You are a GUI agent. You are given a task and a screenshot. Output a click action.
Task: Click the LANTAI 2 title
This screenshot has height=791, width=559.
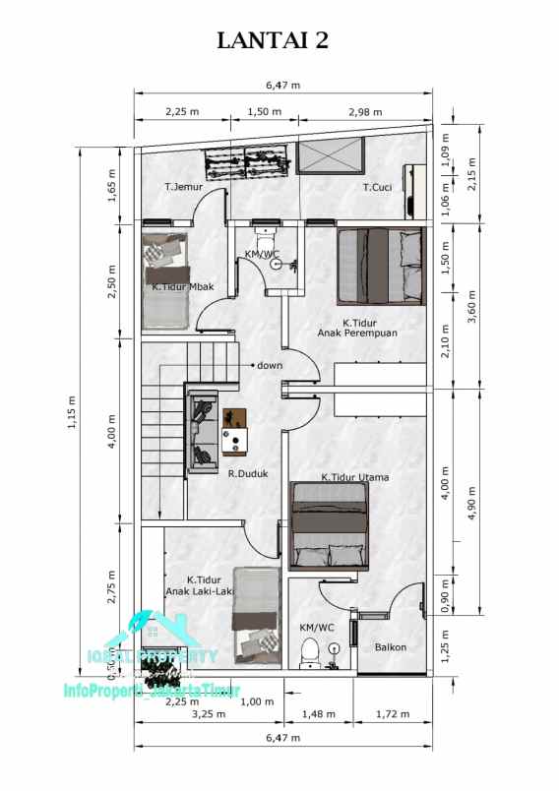pos(279,40)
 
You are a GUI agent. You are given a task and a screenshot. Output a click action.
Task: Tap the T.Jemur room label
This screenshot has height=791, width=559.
pos(184,187)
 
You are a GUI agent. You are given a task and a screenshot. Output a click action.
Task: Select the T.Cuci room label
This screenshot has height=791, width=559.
pos(379,187)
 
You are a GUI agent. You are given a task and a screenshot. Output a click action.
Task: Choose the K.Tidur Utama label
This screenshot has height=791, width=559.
pos(355,478)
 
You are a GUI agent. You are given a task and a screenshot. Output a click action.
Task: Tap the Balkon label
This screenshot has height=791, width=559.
pos(390,646)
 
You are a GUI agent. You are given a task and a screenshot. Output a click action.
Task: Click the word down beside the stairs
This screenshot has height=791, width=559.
pos(270,366)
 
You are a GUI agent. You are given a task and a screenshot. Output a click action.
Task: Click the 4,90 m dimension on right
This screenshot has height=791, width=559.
pos(474,501)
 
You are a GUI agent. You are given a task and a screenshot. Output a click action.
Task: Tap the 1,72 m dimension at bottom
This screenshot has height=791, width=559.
pos(393,713)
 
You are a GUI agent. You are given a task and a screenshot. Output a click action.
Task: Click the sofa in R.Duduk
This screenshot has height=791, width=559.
pos(204,431)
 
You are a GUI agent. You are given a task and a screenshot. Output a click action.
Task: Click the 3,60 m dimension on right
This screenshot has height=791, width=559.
pos(474,306)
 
